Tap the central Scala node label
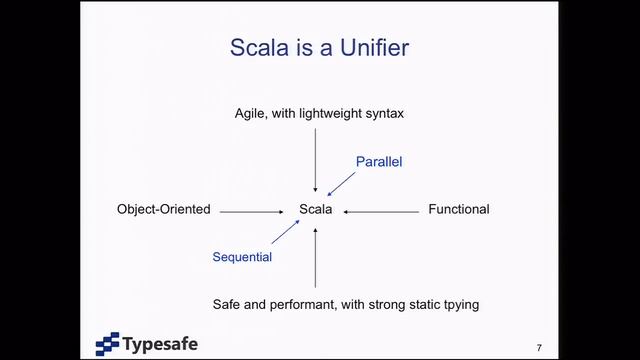click(x=316, y=210)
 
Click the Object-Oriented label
click(x=164, y=210)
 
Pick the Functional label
click(x=458, y=210)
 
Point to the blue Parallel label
click(x=379, y=161)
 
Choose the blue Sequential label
click(x=242, y=257)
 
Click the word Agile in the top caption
click(x=252, y=113)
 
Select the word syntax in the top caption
click(x=381, y=113)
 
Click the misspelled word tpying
click(x=459, y=303)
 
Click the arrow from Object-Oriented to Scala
click(x=253, y=211)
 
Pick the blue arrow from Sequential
click(x=287, y=234)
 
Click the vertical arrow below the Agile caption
click(x=316, y=160)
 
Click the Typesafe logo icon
click(x=107, y=343)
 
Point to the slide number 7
click(x=539, y=347)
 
